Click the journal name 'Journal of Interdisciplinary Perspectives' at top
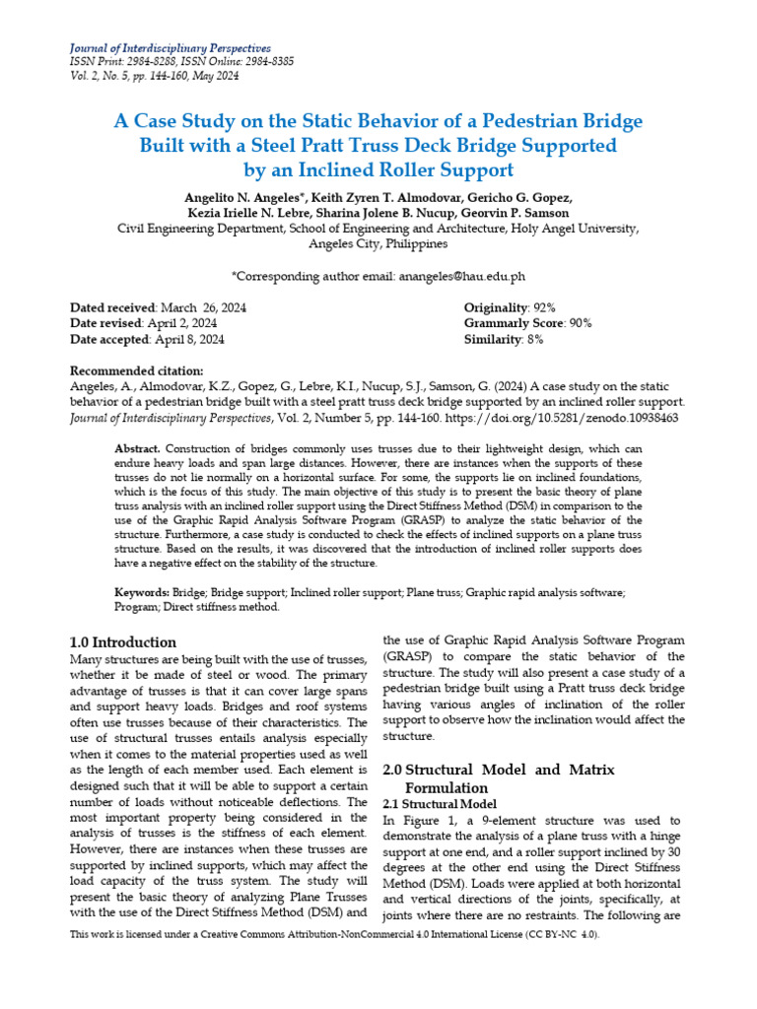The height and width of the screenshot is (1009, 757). coord(170,48)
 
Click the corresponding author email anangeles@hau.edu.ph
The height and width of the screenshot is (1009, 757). coord(462,277)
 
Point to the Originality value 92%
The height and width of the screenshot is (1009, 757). coord(549,307)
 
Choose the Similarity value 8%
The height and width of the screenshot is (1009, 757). coord(533,339)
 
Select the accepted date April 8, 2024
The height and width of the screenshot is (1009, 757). coord(189,339)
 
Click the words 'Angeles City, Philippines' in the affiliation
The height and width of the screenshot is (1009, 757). coord(378,243)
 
